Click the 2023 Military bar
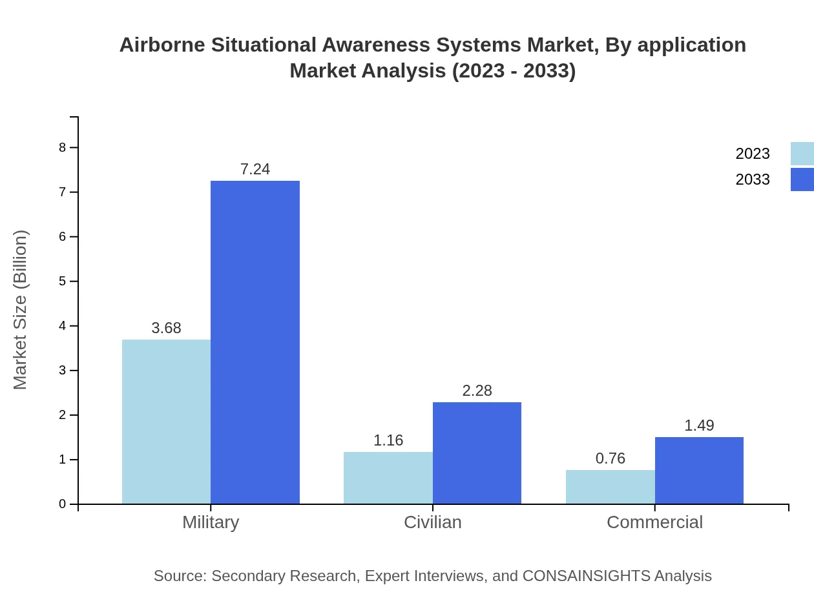166,422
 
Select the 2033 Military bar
255,342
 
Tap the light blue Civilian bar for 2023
388,478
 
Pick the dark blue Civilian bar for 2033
477,453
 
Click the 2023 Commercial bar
610,487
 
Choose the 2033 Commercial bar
699,470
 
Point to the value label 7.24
255,169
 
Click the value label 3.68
166,328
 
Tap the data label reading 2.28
477,391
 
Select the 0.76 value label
610,458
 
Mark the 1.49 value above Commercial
699,425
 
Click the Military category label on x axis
211,522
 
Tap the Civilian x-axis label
432,522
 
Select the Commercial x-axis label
654,522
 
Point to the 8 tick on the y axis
63,147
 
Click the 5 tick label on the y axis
63,282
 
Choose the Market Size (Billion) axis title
20,310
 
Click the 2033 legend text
753,179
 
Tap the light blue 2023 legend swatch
802,154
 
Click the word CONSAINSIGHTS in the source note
585,576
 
